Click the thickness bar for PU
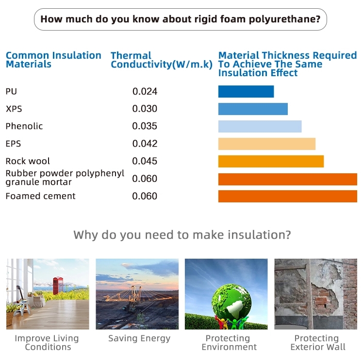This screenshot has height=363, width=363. tap(246, 91)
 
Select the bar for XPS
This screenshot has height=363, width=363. tap(253, 109)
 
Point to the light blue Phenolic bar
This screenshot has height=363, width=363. tap(260, 126)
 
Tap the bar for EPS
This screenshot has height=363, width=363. tap(267, 144)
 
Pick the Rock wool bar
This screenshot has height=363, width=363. tap(271, 161)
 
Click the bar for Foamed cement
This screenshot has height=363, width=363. tap(287, 197)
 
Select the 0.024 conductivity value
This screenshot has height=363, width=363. tap(145, 91)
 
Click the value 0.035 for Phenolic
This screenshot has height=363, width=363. tap(145, 126)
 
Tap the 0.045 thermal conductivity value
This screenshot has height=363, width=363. tap(145, 161)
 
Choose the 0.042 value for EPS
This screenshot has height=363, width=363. tap(145, 144)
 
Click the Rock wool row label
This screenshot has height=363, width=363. tap(28, 161)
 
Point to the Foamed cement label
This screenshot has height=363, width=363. tap(40, 196)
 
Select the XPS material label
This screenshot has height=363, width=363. tap(14, 109)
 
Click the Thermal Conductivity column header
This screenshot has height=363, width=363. tap(161, 60)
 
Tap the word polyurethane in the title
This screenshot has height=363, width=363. tap(284, 19)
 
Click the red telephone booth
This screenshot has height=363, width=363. tap(58, 285)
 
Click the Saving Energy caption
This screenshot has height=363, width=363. tap(139, 338)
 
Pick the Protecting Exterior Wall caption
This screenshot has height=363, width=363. tap(317, 343)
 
